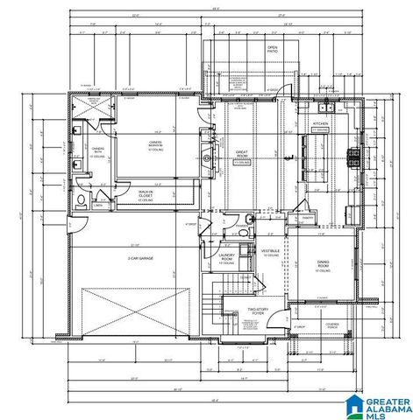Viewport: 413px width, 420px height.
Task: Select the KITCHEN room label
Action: [x=321, y=126]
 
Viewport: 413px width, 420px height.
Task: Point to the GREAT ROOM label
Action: [x=241, y=157]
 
